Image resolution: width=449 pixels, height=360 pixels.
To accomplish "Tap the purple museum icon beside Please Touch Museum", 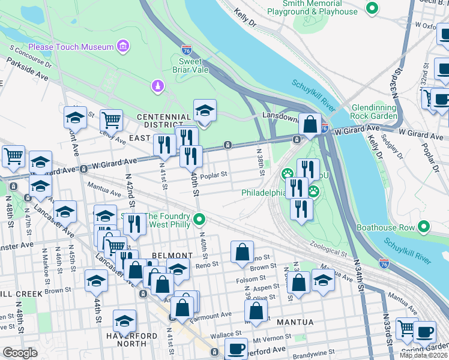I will pyautogui.click(x=123, y=46).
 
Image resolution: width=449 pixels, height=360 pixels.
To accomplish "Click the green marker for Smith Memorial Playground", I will pyautogui.click(x=372, y=8).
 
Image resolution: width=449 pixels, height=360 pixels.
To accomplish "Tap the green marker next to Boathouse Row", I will pyautogui.click(x=424, y=227).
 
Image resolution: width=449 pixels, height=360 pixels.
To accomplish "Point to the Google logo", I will pyautogui.click(x=20, y=352).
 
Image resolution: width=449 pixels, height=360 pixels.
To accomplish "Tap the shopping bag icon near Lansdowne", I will pyautogui.click(x=310, y=125).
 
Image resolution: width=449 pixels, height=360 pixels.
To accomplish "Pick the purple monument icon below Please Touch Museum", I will pyautogui.click(x=157, y=86).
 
